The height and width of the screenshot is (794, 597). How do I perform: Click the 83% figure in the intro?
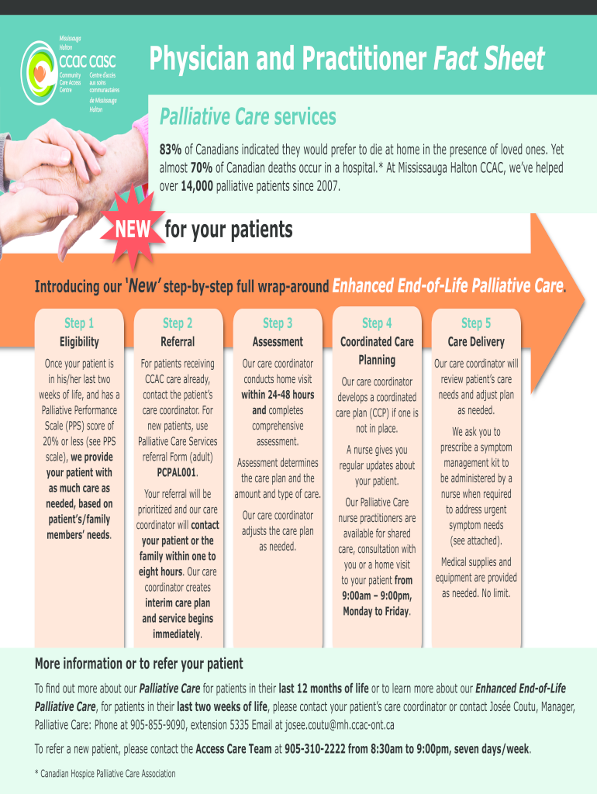171,149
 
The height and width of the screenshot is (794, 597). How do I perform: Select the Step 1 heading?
79,323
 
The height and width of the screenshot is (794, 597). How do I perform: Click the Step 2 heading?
178,323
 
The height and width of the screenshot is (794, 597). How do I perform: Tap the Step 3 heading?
278,323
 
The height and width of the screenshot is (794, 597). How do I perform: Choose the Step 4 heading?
377,323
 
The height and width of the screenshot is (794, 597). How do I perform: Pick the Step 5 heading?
476,323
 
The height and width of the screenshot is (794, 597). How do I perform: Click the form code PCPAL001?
177,472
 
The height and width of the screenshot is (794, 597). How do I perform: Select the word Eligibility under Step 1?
79,342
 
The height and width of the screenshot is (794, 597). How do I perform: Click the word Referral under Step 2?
178,342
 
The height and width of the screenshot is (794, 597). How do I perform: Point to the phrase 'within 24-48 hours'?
278,395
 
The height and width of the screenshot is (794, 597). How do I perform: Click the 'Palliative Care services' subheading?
248,117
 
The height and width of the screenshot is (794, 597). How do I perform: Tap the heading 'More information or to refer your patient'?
139,664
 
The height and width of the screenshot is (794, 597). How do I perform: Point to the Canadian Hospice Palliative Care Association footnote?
105,774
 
